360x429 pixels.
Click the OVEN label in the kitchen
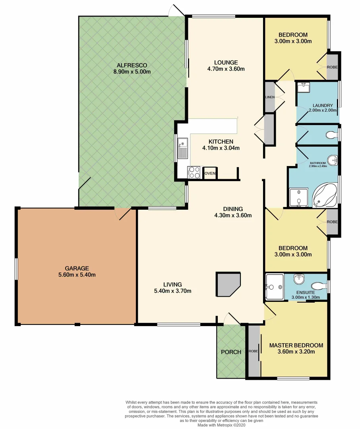[210, 173]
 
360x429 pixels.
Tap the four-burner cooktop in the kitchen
[194, 172]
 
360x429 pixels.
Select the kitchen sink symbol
[183, 148]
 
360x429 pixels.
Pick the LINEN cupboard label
[269, 97]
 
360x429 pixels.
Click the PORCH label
[231, 352]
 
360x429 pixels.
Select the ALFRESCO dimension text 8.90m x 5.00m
[132, 72]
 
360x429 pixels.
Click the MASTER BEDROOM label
[296, 345]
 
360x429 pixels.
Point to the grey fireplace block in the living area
[228, 284]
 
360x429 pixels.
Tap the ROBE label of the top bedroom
[332, 67]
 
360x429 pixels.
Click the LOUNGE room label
[226, 62]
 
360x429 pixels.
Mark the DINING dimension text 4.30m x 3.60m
[233, 216]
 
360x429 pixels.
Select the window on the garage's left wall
[16, 269]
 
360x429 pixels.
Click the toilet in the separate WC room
[330, 136]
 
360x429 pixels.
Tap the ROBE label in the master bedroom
[252, 351]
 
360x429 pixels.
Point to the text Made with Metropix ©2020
[225, 425]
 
